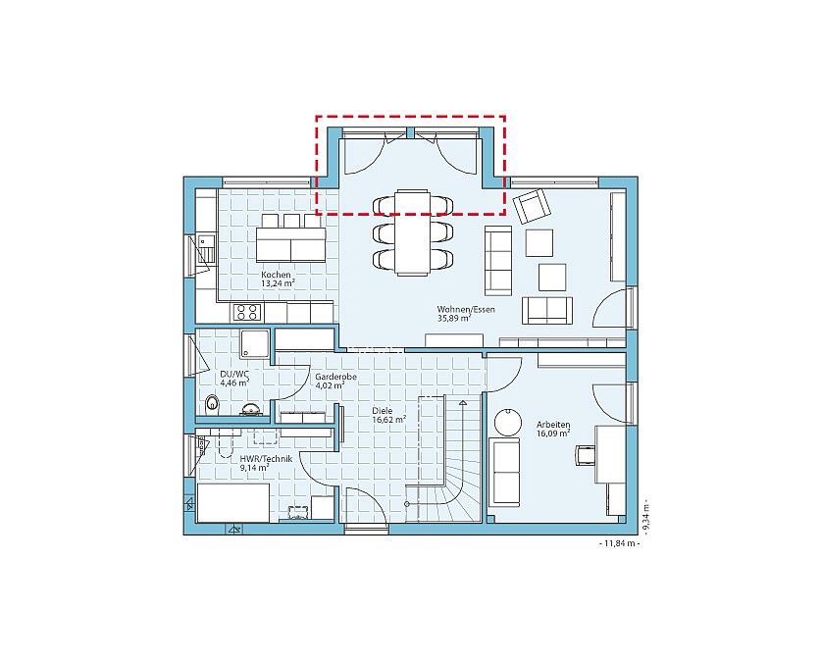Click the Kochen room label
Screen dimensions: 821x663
click(276, 275)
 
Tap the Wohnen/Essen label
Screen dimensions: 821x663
click(466, 309)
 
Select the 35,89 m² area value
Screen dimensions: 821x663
click(454, 318)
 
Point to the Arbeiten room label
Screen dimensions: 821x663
click(553, 425)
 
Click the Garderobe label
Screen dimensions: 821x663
click(335, 377)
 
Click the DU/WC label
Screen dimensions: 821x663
click(234, 374)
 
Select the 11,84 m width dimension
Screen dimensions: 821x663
click(619, 543)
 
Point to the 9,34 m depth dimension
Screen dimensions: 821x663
click(646, 516)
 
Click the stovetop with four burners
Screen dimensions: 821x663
click(246, 313)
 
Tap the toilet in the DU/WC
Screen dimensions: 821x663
click(213, 404)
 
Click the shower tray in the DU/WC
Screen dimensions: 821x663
click(255, 344)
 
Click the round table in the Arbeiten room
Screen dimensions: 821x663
click(508, 422)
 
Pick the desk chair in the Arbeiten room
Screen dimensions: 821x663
click(585, 455)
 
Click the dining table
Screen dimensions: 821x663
click(413, 232)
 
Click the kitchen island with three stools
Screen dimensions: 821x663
click(290, 238)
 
